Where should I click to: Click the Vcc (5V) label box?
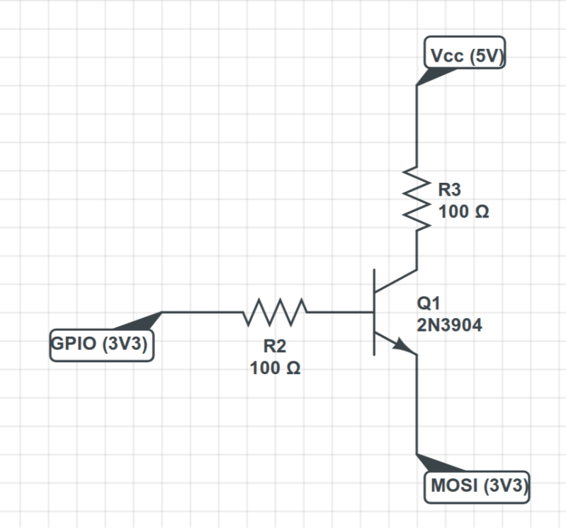pos(464,55)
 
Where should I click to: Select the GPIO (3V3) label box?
pos(103,346)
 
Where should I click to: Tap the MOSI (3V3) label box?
pos(479,487)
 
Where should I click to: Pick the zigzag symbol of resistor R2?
pos(276,312)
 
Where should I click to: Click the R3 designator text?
pos(449,190)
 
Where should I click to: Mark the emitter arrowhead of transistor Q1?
pos(404,347)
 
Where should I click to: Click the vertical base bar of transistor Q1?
pos(375,312)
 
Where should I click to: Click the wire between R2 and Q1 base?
pos(340,312)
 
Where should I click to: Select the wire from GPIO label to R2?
pos(202,312)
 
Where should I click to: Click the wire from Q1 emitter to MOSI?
pos(417,404)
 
